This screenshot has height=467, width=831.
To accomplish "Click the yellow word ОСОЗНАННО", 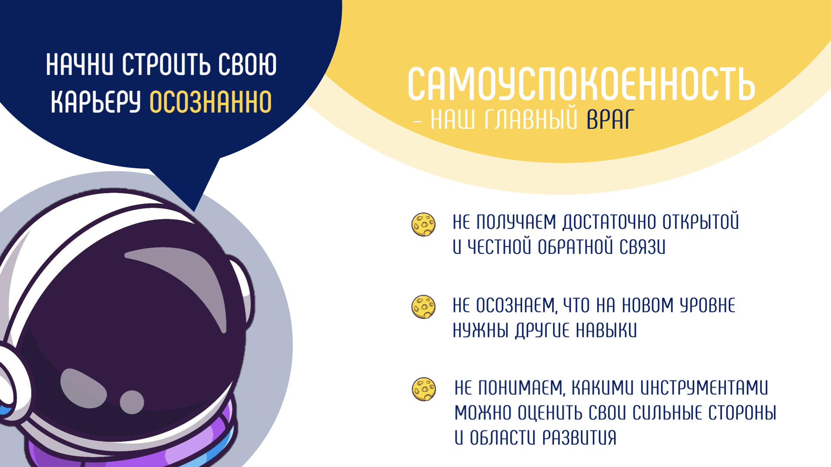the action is pos(210,102).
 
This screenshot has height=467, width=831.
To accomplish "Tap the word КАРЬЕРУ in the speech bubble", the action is pos(96,102).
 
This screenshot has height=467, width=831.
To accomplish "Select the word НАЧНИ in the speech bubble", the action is pos(80,65).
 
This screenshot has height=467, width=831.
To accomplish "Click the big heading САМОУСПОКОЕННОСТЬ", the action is pos(581,84).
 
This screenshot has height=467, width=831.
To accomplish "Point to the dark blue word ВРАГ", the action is pos(610,119).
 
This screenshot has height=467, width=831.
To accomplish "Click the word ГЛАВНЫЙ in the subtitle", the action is pos(531,119).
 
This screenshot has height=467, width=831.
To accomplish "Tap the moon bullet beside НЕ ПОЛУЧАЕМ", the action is pos(423,224).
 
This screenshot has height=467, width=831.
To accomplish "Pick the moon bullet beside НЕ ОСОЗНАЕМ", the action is pos(423,307).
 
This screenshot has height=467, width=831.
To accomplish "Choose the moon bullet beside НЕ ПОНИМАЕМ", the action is pos(424,389).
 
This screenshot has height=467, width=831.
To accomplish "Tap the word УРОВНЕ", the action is pos(707,305).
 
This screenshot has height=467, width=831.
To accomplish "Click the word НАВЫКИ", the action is pos(606,330).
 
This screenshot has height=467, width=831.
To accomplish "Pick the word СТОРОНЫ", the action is pos(742,413).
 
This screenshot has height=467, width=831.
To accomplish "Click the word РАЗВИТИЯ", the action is pos(579,438).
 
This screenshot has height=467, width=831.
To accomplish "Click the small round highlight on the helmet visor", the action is pos(132,402).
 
